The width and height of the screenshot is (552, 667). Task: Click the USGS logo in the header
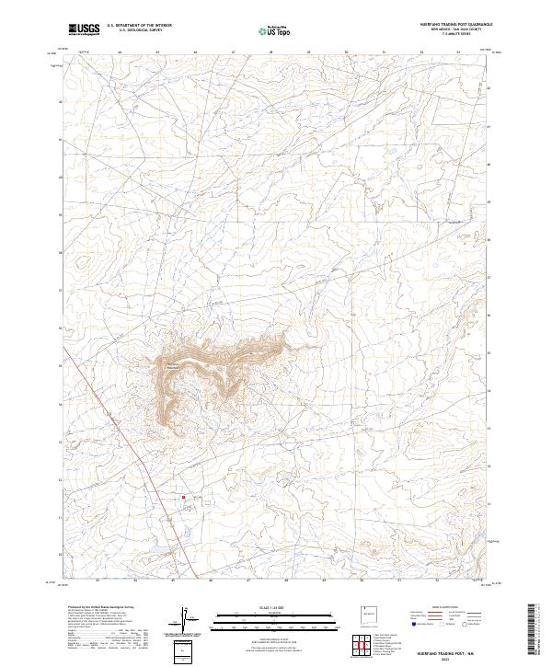(x=84, y=30)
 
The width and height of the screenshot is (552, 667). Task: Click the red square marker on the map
(x=184, y=498)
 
